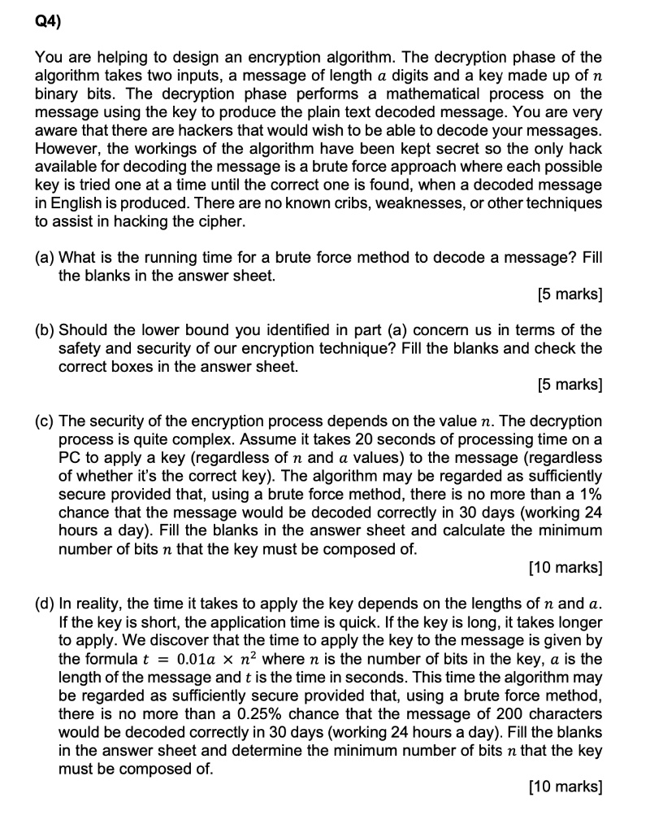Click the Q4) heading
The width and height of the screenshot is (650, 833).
tap(47, 22)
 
